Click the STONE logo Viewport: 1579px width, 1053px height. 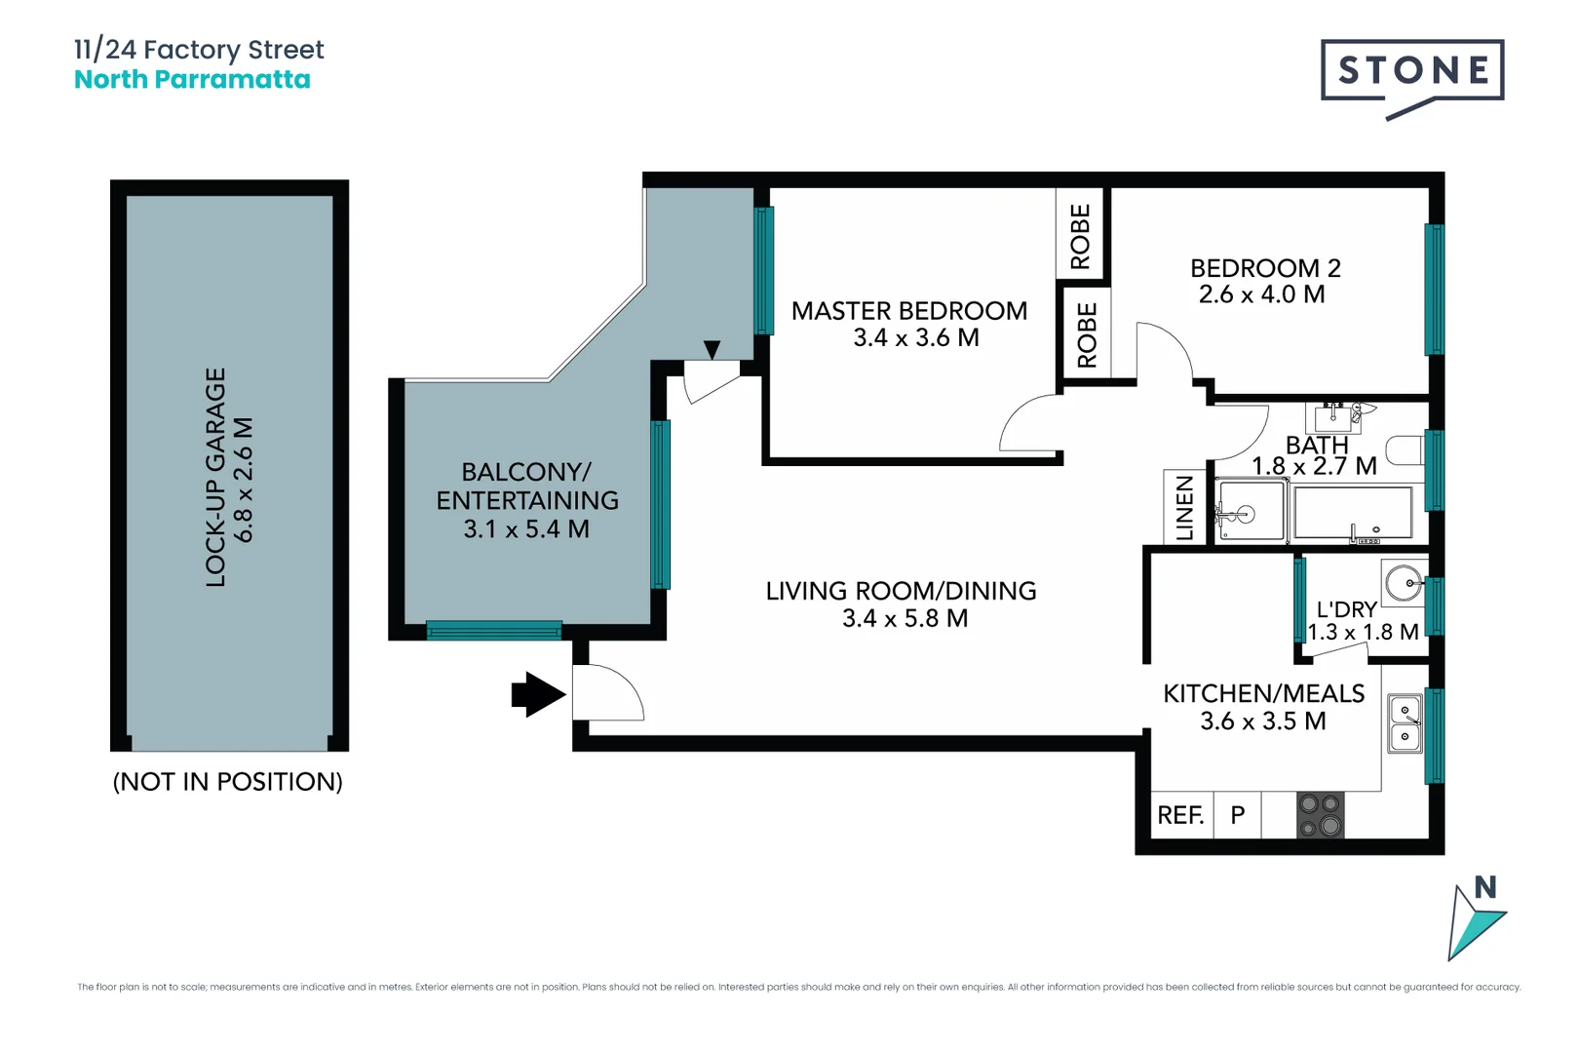click(x=1412, y=79)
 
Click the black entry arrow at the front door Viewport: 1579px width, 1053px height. click(x=539, y=695)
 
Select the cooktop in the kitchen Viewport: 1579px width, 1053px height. click(x=1321, y=815)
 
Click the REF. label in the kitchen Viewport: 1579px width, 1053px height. click(x=1180, y=815)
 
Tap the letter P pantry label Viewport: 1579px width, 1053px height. click(x=1238, y=815)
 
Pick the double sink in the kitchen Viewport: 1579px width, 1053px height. click(x=1405, y=723)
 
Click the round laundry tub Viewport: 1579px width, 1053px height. click(x=1404, y=583)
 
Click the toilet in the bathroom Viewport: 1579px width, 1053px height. click(x=1406, y=450)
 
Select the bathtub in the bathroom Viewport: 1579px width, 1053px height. click(x=1353, y=514)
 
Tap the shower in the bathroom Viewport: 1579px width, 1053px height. click(x=1252, y=511)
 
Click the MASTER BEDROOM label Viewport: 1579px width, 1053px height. click(x=909, y=311)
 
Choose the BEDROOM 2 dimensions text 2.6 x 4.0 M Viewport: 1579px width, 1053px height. click(x=1262, y=294)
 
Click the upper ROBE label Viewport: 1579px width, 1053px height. click(x=1081, y=237)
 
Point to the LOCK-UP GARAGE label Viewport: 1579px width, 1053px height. click(x=215, y=478)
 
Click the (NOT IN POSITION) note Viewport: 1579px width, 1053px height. click(x=228, y=782)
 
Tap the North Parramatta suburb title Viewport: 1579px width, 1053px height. click(x=192, y=79)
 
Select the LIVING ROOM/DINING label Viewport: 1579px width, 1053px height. click(x=901, y=591)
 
